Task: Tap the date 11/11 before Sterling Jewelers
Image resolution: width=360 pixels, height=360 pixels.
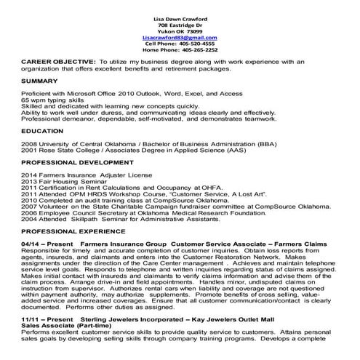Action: click(x=29, y=319)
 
